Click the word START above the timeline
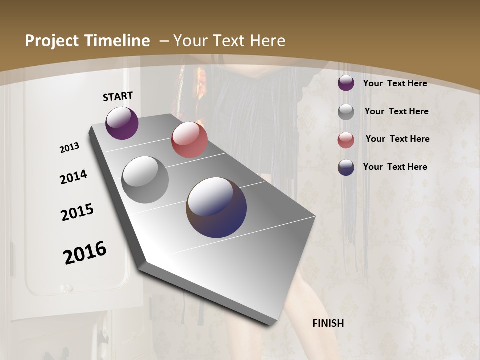tap(118, 96)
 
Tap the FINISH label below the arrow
tap(328, 323)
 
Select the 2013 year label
tap(69, 147)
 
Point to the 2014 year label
tap(73, 177)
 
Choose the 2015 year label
tap(77, 212)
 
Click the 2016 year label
tap(85, 252)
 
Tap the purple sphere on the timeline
tap(122, 123)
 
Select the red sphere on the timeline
tap(189, 139)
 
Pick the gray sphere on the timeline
tap(145, 179)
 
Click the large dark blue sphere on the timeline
tap(216, 207)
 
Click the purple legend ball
tap(346, 83)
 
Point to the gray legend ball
tap(346, 112)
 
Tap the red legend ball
tap(346, 140)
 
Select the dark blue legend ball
tap(346, 167)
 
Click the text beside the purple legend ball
tap(395, 83)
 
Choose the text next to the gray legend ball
tap(396, 111)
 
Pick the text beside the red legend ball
tap(397, 139)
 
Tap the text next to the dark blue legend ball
tap(395, 167)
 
